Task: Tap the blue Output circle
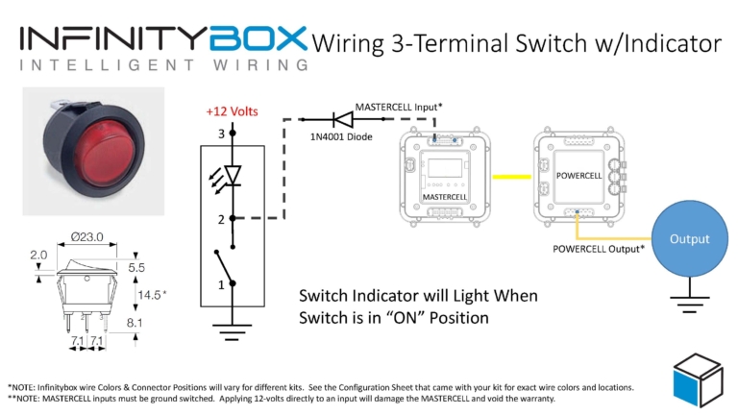pos(690,239)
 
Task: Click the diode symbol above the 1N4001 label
pos(341,119)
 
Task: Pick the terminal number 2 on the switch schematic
pos(220,219)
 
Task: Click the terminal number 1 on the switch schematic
pos(220,284)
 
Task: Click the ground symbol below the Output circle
pos(689,305)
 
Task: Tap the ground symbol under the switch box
pos(231,333)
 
